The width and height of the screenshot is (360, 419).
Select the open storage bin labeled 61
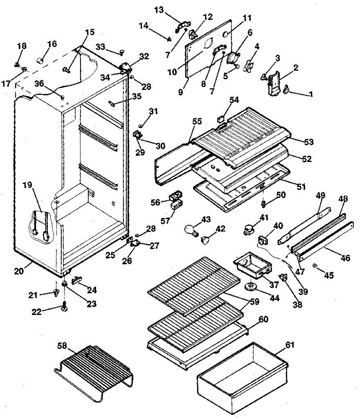[243, 375]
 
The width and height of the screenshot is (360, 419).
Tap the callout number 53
[309, 142]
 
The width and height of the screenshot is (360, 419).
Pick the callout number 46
[345, 258]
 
